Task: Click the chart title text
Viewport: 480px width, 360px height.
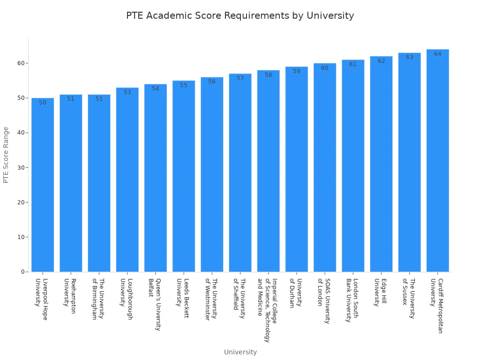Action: point(240,15)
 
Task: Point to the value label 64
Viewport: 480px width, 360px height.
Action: point(437,54)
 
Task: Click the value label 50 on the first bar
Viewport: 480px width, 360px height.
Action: point(43,103)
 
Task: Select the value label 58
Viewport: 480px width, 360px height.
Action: point(268,75)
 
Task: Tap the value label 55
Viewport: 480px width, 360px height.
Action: point(184,85)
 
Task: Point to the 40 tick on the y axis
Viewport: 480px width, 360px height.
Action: point(21,133)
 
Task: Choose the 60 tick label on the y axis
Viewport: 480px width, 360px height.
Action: point(21,63)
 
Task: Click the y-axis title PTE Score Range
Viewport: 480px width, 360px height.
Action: point(6,155)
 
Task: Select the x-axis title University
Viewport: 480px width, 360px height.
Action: point(240,352)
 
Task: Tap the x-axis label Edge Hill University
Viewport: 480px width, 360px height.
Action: point(381,292)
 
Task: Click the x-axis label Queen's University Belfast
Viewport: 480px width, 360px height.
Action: point(155,305)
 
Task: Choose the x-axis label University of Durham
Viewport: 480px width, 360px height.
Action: point(296,293)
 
